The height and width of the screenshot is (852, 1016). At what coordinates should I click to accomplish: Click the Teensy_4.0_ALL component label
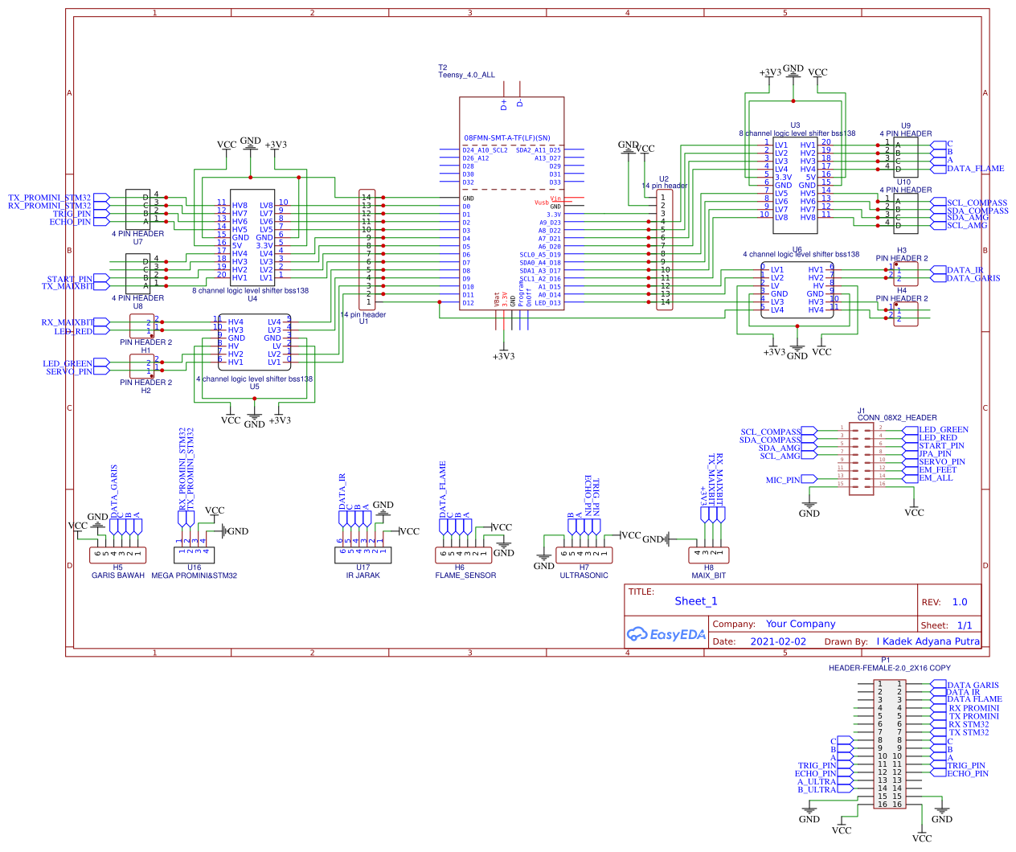pyautogui.click(x=466, y=75)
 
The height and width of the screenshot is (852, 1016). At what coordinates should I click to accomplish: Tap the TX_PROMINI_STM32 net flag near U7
pyautogui.click(x=50, y=197)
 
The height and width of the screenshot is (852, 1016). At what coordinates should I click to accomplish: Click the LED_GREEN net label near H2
pyautogui.click(x=68, y=363)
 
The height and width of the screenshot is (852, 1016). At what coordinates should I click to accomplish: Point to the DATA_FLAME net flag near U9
pyautogui.click(x=975, y=169)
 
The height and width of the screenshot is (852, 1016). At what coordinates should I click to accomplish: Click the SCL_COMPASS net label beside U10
pyautogui.click(x=977, y=203)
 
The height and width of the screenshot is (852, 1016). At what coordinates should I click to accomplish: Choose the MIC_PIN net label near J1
pyautogui.click(x=783, y=480)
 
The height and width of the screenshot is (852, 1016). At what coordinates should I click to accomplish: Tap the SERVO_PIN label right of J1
pyautogui.click(x=942, y=461)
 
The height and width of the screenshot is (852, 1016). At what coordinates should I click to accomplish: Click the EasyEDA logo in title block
pyautogui.click(x=666, y=634)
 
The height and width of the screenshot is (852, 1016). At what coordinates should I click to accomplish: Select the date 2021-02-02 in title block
pyautogui.click(x=777, y=641)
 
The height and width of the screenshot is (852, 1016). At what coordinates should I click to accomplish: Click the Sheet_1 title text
pyautogui.click(x=696, y=601)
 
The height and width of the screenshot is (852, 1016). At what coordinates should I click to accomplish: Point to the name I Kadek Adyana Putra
pyautogui.click(x=928, y=641)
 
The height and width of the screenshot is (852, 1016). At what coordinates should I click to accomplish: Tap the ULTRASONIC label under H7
pyautogui.click(x=584, y=576)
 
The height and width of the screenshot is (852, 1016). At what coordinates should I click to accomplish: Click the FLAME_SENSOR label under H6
pyautogui.click(x=465, y=576)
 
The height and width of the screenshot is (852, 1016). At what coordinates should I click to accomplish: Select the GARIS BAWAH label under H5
pyautogui.click(x=118, y=576)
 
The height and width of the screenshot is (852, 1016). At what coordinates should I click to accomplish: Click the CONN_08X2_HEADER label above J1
pyautogui.click(x=897, y=418)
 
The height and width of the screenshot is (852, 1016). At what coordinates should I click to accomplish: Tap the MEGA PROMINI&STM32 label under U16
pyautogui.click(x=194, y=576)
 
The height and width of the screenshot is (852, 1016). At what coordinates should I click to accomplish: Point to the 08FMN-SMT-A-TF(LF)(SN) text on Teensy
pyautogui.click(x=506, y=138)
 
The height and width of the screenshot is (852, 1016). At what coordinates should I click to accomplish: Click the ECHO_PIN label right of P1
pyautogui.click(x=967, y=773)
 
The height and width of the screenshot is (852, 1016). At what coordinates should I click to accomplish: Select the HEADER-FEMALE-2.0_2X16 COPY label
pyautogui.click(x=889, y=668)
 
